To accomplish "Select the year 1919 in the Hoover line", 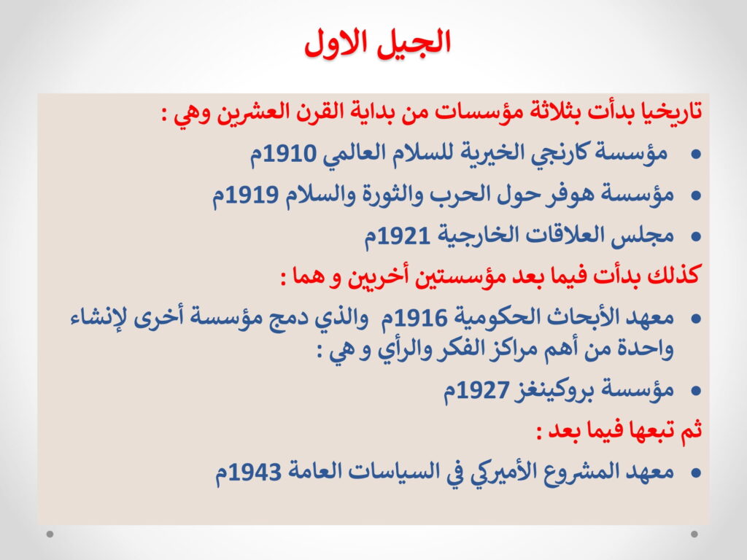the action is (x=252, y=194).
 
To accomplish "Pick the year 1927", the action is (x=483, y=391).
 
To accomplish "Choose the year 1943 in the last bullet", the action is (x=255, y=472).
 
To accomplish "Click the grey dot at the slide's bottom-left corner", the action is (x=50, y=534).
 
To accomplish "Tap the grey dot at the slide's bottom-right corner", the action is (x=694, y=534).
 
